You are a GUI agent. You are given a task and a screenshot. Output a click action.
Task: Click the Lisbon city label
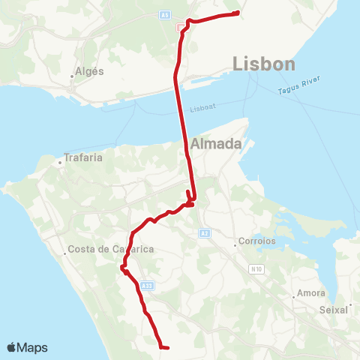[x=264, y=64]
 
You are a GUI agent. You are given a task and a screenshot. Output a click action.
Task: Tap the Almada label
[x=215, y=143]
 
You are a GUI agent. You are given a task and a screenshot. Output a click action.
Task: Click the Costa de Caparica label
[x=100, y=249]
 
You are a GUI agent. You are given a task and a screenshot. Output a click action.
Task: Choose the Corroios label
[x=257, y=241]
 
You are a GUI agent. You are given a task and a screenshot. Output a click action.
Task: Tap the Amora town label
[x=311, y=292]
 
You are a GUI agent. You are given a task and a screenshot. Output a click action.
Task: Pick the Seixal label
[x=334, y=308]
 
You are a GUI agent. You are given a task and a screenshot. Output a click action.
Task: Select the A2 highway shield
[x=205, y=234]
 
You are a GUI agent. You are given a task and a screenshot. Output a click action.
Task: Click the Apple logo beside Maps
[x=12, y=347]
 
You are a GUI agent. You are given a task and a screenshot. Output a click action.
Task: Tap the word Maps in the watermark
[x=32, y=347]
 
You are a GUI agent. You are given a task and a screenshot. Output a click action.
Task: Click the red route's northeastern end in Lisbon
[x=237, y=13]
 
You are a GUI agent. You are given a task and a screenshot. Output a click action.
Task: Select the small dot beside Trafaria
[x=60, y=161]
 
